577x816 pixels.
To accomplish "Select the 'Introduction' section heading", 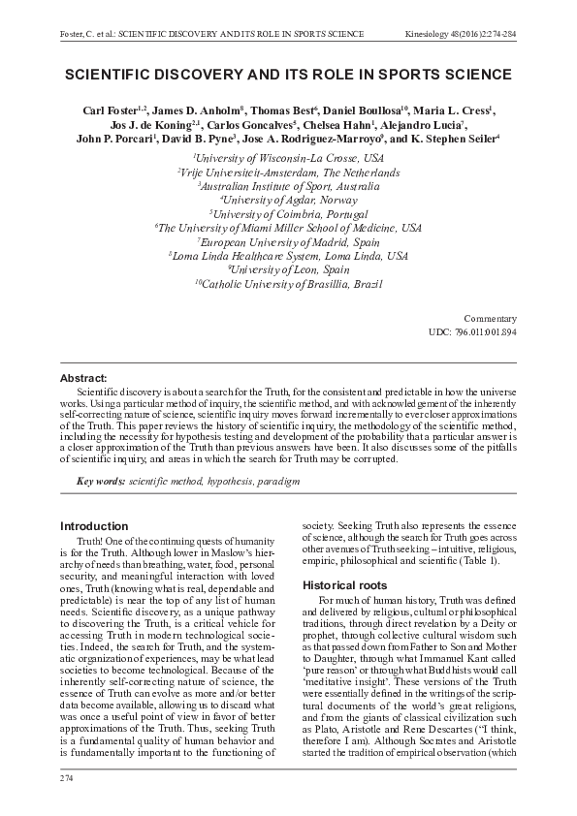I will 94,526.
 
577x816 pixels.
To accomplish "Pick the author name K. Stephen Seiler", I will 455,140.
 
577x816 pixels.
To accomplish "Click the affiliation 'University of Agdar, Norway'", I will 288,199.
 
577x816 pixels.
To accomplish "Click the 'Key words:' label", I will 101,482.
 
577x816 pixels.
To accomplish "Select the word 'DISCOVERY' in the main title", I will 201,74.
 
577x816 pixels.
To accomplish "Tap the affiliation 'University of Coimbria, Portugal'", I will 288,213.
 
